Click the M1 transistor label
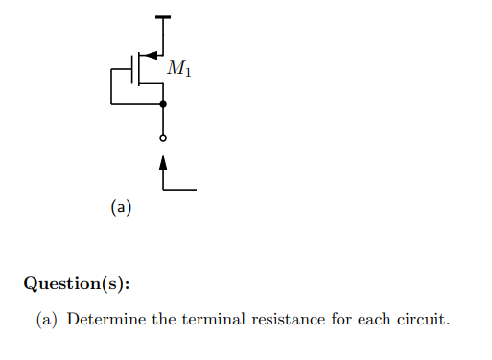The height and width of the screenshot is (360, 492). (x=178, y=68)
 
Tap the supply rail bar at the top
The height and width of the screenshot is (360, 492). (x=163, y=17)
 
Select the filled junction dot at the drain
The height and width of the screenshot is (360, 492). (x=163, y=103)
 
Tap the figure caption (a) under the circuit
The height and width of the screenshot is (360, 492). (x=121, y=205)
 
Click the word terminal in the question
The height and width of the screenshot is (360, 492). (x=205, y=319)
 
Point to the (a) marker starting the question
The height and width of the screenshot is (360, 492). (x=47, y=319)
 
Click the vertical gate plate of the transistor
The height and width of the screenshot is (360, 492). (x=133, y=69)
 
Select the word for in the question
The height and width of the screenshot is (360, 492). (x=341, y=319)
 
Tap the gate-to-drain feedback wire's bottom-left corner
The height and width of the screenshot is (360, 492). (x=111, y=103)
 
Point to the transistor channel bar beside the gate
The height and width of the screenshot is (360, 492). (x=140, y=69)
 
